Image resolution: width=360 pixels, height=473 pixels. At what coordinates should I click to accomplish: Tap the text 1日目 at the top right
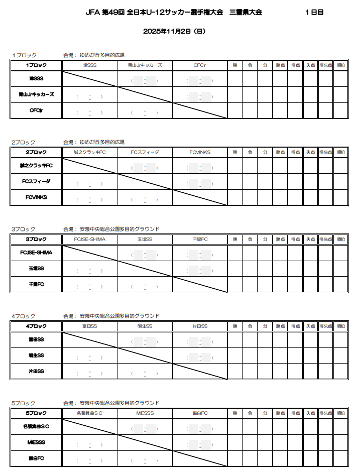click(x=314, y=13)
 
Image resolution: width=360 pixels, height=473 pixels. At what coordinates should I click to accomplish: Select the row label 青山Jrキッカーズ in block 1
click(x=36, y=94)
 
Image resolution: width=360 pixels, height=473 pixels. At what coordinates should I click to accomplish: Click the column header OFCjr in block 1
click(x=200, y=65)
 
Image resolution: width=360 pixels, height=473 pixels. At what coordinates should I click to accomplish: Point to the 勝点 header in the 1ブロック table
click(x=280, y=65)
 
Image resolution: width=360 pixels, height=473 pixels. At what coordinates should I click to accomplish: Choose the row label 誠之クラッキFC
click(x=36, y=166)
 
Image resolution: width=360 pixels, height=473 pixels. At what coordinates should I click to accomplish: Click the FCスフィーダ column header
click(x=145, y=152)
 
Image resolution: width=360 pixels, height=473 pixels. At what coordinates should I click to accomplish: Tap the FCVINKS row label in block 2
click(x=36, y=197)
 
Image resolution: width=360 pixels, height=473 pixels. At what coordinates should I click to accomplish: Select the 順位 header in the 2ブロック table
click(x=340, y=152)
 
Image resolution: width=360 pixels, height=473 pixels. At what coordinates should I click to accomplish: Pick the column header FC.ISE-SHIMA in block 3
click(x=89, y=239)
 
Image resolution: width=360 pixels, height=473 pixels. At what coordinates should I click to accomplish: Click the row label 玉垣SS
click(x=36, y=269)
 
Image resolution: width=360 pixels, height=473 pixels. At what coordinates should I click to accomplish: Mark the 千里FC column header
click(x=200, y=239)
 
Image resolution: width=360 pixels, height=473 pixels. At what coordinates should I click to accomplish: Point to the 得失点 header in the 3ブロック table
click(x=326, y=239)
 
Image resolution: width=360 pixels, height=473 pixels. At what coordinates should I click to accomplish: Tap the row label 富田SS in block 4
click(x=36, y=340)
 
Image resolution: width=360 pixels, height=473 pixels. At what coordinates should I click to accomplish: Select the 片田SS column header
click(x=200, y=326)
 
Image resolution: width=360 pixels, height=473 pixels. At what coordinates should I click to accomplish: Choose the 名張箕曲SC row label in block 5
click(x=36, y=427)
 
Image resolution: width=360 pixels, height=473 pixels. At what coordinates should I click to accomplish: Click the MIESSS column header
click(x=145, y=413)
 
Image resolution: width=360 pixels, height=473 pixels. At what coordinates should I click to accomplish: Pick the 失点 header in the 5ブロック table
click(x=310, y=413)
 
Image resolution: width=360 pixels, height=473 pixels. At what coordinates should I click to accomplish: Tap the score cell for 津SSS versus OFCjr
click(x=200, y=80)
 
